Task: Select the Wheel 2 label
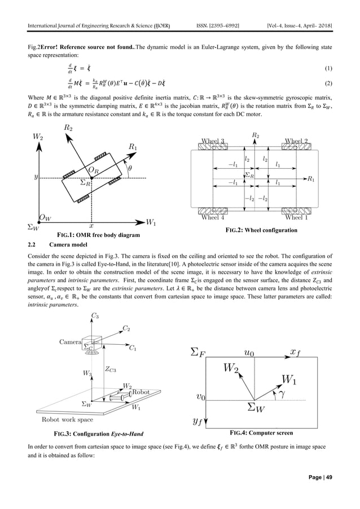(297, 141)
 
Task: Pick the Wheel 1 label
(298, 217)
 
